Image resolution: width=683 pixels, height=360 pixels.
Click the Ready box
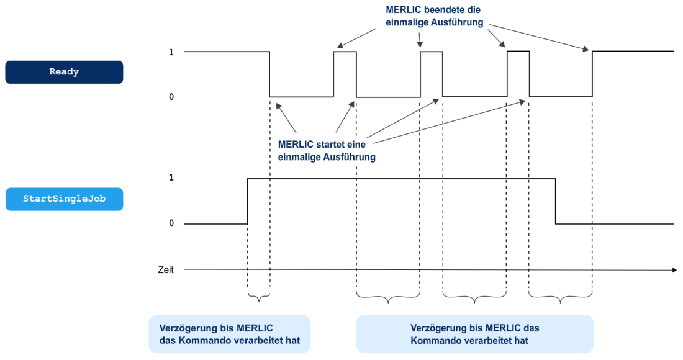click(64, 72)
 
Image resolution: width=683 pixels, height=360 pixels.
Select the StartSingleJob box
click(64, 199)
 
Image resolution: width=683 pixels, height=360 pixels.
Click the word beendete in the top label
click(441, 10)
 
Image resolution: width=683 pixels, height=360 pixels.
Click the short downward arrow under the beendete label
click(420, 40)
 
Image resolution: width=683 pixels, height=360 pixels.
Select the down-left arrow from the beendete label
click(356, 38)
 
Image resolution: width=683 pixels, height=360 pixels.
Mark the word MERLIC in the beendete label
click(403, 10)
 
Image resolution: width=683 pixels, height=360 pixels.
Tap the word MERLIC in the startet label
click(295, 144)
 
